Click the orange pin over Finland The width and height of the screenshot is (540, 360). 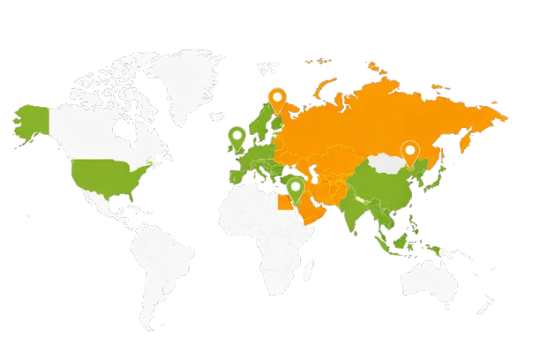(x=277, y=100)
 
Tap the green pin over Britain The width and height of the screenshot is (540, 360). (x=236, y=137)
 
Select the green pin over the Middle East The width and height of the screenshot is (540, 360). (x=296, y=188)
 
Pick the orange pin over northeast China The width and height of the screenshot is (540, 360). (x=409, y=152)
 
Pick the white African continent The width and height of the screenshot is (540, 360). (x=265, y=229)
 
